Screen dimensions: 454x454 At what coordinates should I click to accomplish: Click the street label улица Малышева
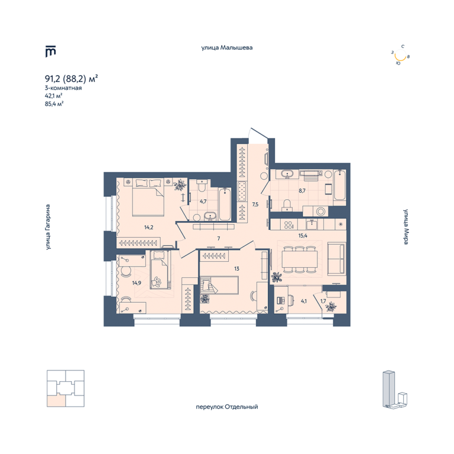pos(227,47)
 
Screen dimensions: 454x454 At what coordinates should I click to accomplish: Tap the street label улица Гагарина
pos(48,227)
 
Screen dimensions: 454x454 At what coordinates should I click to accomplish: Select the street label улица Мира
pos(406,226)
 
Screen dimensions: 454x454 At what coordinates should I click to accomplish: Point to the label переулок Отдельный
pos(227,407)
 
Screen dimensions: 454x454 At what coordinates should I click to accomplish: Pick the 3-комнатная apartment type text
pos(63,87)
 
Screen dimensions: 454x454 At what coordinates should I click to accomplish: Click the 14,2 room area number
pos(148,228)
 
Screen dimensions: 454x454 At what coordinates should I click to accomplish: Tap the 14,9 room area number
pos(137,283)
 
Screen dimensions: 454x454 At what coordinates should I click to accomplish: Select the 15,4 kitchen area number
pos(303,236)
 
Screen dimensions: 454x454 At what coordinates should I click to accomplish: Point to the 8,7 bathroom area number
pos(302,191)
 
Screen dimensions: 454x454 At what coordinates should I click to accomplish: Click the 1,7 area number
pos(323,301)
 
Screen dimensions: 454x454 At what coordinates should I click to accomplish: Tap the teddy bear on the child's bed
pos(156,282)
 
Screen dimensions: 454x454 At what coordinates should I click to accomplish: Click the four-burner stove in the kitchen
pos(288,225)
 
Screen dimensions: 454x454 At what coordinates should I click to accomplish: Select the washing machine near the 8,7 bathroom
pos(320,211)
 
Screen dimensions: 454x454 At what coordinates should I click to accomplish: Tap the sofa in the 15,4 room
pos(336,259)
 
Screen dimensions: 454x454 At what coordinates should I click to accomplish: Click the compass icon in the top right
pos(400,55)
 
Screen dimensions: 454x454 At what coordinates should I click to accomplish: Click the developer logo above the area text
pos(50,51)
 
